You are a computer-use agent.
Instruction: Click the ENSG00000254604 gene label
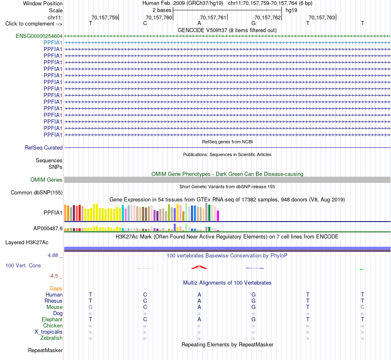coord(39,36)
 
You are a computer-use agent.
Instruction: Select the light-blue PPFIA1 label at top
coord(53,43)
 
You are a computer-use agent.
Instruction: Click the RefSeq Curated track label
coord(44,148)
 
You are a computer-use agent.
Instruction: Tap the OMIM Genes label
coord(47,180)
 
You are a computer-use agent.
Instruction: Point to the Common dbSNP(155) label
coord(37,193)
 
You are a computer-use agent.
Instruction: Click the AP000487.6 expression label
coord(48,228)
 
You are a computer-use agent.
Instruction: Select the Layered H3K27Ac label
coord(27,243)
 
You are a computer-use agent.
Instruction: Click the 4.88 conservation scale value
coord(53,255)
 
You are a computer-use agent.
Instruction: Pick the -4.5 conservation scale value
coord(54,276)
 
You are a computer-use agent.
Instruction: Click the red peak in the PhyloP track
coord(199,267)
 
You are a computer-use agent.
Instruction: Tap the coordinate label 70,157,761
coord(213,17)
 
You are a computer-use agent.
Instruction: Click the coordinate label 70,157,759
coord(105,17)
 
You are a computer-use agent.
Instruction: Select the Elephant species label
coord(52,320)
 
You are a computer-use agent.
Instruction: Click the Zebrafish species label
coord(51,338)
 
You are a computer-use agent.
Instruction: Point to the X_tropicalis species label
coord(49,332)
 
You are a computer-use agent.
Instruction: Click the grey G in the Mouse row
coord(91,307)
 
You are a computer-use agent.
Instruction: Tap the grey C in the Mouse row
coord(362,307)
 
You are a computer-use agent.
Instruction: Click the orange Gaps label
coord(56,289)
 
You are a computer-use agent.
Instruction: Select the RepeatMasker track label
coord(45,350)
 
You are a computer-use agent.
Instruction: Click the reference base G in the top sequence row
coord(254,23)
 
